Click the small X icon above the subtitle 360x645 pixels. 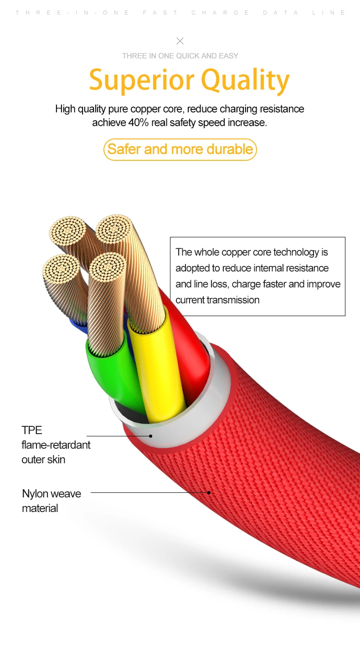coord(180,41)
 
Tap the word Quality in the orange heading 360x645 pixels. coord(245,80)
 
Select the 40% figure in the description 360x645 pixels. coord(138,123)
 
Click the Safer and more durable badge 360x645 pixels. coord(180,149)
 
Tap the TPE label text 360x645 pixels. coord(32,430)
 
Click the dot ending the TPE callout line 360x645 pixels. coord(151,436)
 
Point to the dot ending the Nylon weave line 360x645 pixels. coord(209,492)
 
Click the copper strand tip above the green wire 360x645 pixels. coord(108,267)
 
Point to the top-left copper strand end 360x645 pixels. coord(68,231)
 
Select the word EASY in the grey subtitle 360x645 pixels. coord(228,56)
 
